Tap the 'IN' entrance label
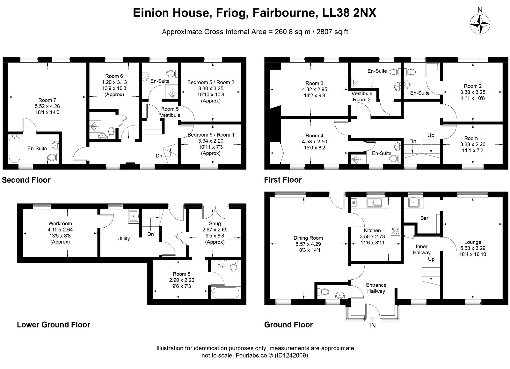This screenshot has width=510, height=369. [x=372, y=326]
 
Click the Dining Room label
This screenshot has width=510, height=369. [x=308, y=238]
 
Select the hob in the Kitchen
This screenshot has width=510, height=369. [x=396, y=230]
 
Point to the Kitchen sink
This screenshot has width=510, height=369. [x=374, y=202]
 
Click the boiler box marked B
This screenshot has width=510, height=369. [x=353, y=202]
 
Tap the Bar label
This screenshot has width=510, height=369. [x=424, y=218]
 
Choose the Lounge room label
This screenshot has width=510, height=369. [x=472, y=242]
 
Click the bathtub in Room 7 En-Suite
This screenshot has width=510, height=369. [x=14, y=148]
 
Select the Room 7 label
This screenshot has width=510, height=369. [x=47, y=100]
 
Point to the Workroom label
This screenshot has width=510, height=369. [x=60, y=223]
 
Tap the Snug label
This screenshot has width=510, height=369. [x=215, y=223]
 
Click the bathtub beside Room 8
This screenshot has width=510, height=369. [x=225, y=292]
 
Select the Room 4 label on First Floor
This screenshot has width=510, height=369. [x=314, y=135]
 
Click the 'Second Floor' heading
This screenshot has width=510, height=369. [x=26, y=180]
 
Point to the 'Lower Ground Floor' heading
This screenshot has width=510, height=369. [x=54, y=325]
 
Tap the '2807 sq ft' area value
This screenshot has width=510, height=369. [x=332, y=32]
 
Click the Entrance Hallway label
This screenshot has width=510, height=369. [x=376, y=288]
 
